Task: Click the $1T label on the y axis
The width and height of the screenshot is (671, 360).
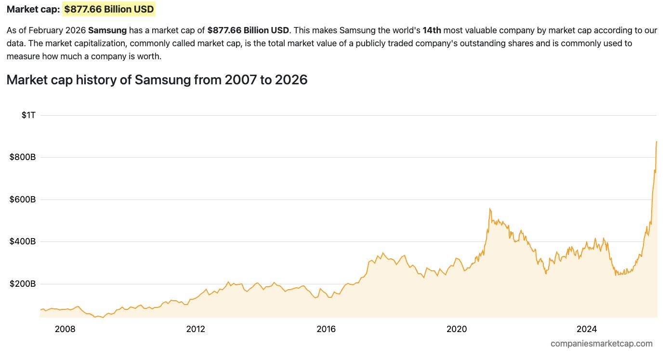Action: coord(28,115)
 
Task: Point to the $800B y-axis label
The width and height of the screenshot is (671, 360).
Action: coord(23,157)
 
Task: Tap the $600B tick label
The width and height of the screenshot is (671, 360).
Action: coord(23,200)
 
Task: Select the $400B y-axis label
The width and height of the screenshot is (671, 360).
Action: coord(23,241)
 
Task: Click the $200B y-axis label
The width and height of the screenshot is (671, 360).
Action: coord(23,284)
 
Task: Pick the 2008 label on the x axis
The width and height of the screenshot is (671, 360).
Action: coord(65,329)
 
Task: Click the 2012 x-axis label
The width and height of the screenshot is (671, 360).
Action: coord(196,329)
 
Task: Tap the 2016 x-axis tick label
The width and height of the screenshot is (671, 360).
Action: coord(326,329)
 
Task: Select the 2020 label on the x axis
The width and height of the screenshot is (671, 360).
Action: coord(457,329)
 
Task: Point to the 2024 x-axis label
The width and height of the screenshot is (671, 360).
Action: coord(587,329)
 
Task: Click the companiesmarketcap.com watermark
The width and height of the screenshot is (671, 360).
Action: coord(602,344)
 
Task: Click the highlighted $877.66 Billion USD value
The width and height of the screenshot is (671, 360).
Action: coord(109,9)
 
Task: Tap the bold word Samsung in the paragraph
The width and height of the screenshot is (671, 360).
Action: coord(107,30)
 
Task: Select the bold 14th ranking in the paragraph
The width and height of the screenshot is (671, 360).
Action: coord(432,30)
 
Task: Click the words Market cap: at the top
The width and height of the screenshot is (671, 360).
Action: coord(33,9)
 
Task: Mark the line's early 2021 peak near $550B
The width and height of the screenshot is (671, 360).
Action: coord(490,209)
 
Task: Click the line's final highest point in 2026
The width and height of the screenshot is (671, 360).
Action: coord(657,141)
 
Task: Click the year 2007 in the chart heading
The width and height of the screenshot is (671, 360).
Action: coord(240,80)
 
